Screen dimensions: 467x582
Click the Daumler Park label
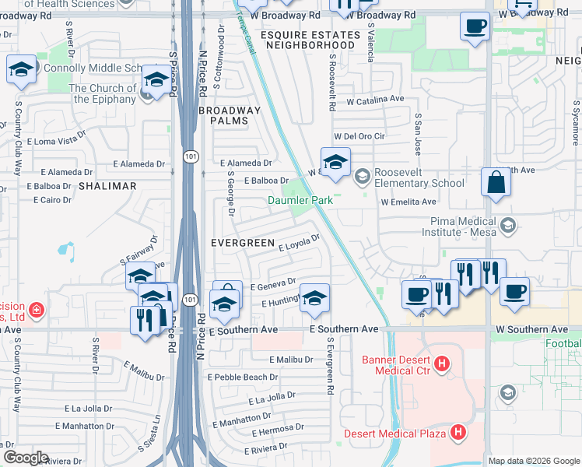300,200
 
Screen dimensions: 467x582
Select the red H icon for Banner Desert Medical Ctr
441,363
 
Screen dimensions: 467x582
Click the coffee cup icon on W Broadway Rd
474,27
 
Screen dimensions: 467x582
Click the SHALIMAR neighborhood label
107,186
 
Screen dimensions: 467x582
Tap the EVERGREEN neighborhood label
243,243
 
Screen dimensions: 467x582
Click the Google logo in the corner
26,458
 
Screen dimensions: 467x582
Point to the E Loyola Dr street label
300,243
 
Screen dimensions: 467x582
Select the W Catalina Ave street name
376,100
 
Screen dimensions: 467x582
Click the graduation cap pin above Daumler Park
335,162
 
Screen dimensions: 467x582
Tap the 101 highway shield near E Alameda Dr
191,156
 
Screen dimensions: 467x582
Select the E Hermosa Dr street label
277,429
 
